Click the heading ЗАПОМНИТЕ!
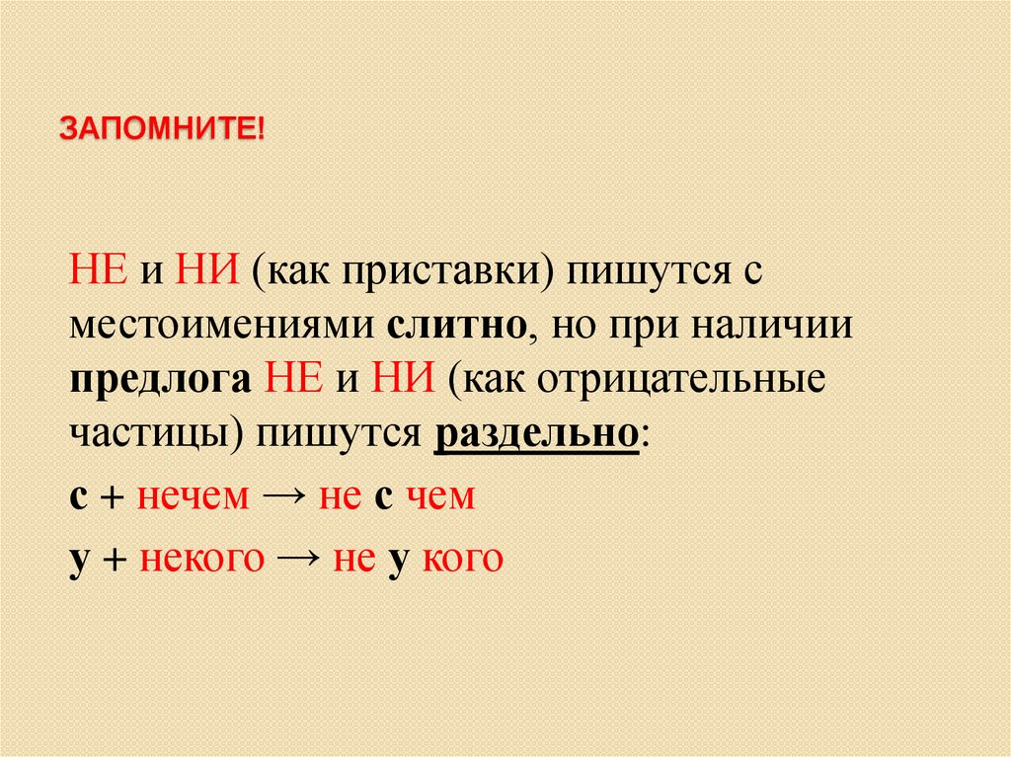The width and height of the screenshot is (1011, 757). click(163, 129)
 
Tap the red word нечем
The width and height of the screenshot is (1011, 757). click(194, 496)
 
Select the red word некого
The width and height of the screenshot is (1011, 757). click(202, 559)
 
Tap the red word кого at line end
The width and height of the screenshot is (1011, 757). click(463, 559)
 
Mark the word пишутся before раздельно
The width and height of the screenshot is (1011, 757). click(342, 434)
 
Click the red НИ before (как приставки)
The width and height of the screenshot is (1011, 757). click(204, 270)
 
